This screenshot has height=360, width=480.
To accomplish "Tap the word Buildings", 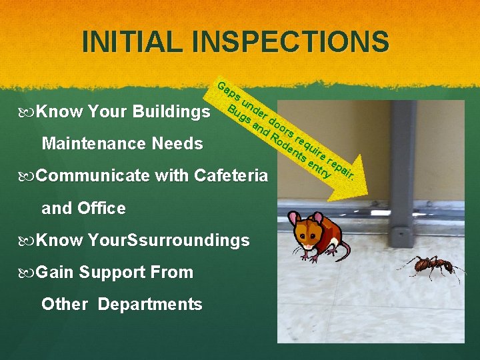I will point(172,111).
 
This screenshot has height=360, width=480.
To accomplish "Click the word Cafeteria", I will point(231,176).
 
